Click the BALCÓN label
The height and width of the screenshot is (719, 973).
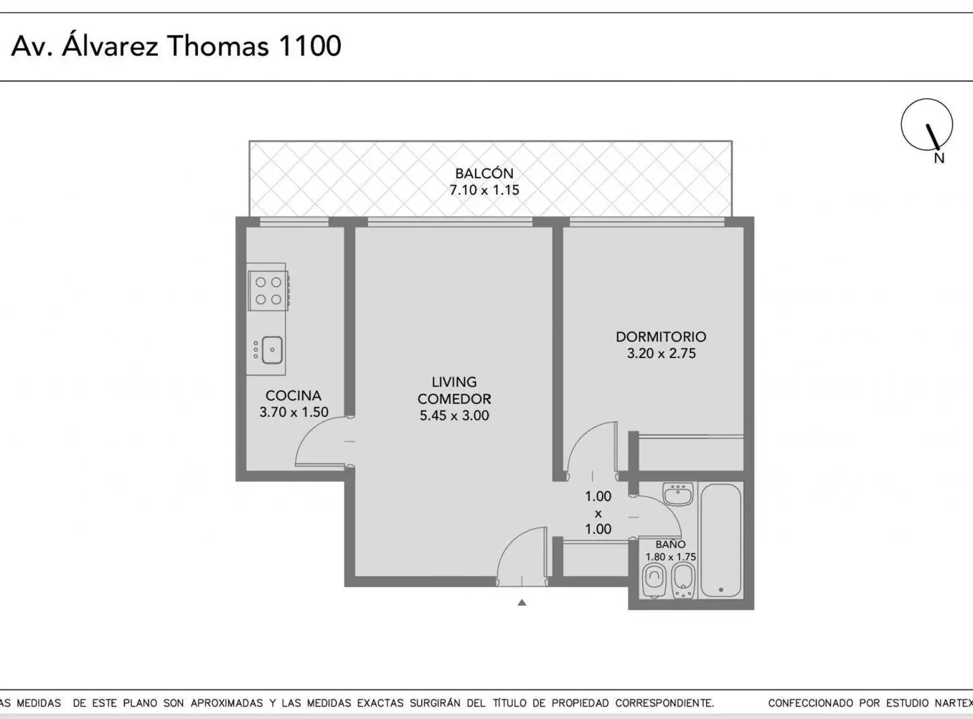click(x=484, y=173)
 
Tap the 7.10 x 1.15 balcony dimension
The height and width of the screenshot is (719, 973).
click(x=484, y=190)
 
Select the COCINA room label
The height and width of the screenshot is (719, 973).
click(x=293, y=395)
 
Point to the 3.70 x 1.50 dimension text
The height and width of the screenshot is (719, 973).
click(x=294, y=412)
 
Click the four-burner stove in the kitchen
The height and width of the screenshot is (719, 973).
click(x=268, y=290)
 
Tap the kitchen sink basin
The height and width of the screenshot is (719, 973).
click(x=272, y=350)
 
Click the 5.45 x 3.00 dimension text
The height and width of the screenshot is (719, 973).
click(x=454, y=415)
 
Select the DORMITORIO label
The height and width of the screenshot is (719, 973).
click(x=661, y=337)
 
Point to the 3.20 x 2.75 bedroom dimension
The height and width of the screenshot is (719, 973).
click(x=661, y=354)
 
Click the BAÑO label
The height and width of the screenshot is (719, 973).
click(x=670, y=545)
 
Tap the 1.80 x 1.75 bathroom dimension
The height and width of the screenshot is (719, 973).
click(x=670, y=557)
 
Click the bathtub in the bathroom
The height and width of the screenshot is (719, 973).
click(x=721, y=541)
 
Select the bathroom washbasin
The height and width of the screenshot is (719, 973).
click(x=678, y=494)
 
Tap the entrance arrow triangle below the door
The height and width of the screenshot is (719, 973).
click(x=521, y=602)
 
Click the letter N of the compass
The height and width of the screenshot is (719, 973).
click(x=939, y=158)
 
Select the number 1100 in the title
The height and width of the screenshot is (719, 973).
click(x=310, y=46)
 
